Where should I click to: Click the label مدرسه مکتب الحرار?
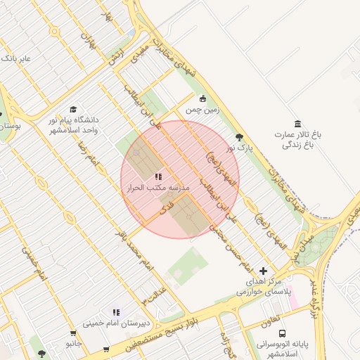(158, 189)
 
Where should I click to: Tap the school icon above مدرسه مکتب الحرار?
(159, 177)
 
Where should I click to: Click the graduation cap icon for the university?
(73, 110)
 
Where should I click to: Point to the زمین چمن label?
(203, 110)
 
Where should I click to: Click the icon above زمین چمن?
(203, 98)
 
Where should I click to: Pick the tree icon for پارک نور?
(239, 137)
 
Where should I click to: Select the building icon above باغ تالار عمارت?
(298, 124)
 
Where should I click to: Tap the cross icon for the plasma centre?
(264, 271)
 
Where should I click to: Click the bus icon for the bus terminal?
(282, 334)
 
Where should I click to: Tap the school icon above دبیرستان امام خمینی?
(117, 312)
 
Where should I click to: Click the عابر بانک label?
(17, 58)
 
